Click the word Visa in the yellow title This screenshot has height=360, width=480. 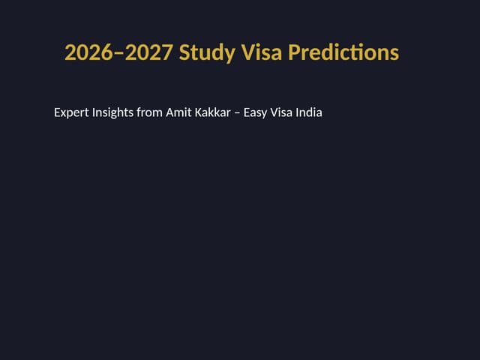point(262,53)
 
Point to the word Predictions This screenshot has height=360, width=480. point(343,53)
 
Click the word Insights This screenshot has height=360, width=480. point(112,113)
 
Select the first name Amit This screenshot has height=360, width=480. point(178,113)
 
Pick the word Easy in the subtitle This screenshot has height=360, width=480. point(256,113)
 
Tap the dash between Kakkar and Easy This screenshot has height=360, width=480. point(237,114)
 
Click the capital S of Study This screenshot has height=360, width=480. point(184,53)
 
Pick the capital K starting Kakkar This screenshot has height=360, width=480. point(198,113)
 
